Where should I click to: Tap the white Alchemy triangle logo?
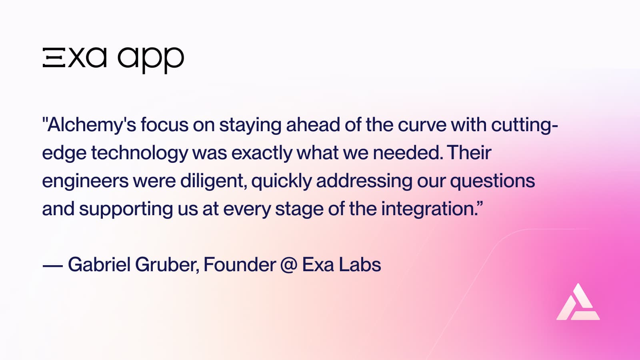coord(578,303)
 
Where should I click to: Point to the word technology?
coord(139,153)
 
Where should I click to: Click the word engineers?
coord(85,181)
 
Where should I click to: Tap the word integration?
coord(428,209)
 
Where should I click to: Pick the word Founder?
coord(239,264)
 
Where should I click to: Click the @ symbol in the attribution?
coord(288,265)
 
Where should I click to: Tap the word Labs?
coord(360,264)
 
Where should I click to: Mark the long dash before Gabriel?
coord(52,265)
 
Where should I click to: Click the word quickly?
coord(281,181)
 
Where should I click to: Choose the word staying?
coord(250,125)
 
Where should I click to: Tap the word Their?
coord(469,153)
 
